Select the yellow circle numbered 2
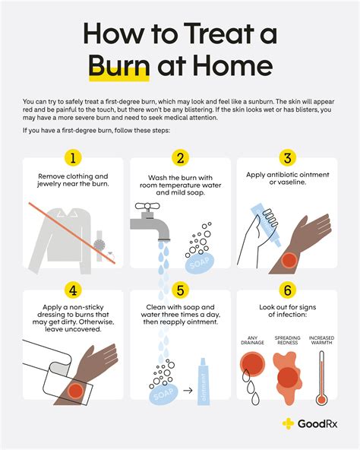coord(180,158)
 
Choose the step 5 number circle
coord(180,290)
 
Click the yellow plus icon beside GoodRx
coord(288,423)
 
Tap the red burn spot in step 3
coord(289,260)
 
